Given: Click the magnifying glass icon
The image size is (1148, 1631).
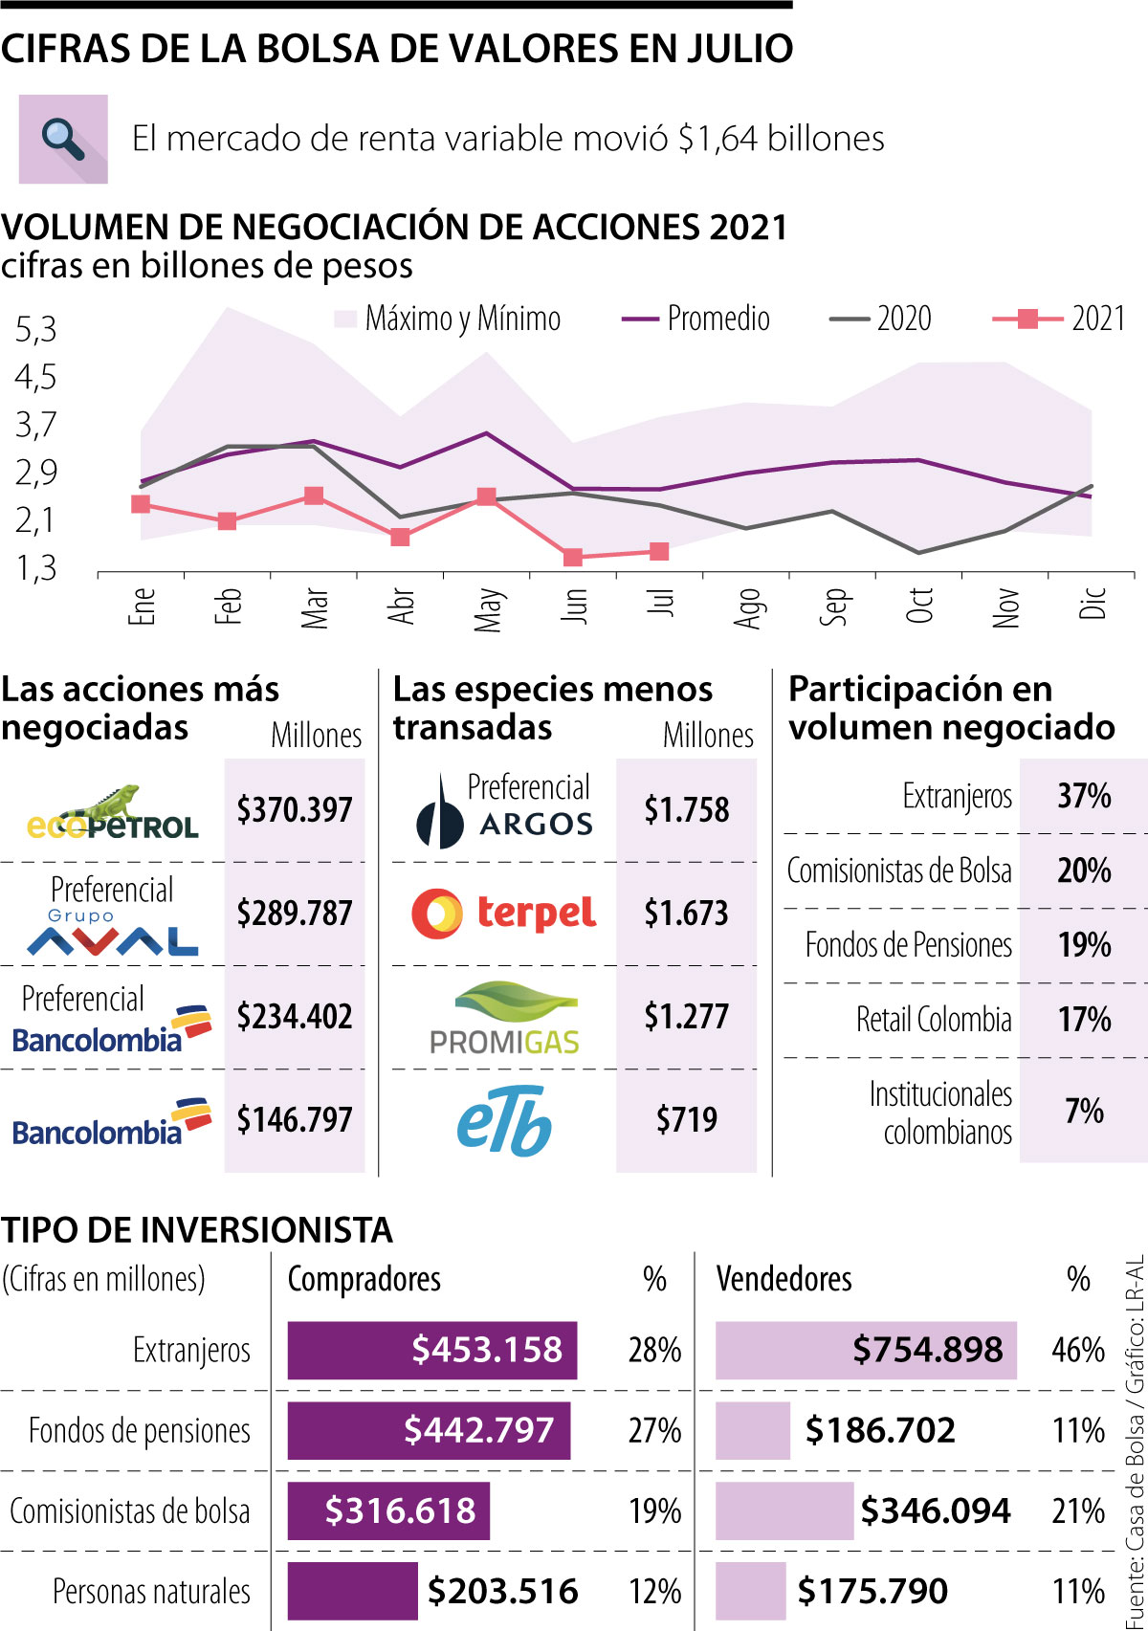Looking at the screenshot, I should pyautogui.click(x=63, y=139).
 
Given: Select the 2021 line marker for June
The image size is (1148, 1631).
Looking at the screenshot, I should pyautogui.click(x=573, y=557).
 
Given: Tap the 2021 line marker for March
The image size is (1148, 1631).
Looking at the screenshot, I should pyautogui.click(x=314, y=496).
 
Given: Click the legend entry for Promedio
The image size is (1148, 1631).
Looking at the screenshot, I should pyautogui.click(x=696, y=319).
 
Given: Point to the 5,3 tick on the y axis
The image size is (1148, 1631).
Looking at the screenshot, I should pyautogui.click(x=36, y=330).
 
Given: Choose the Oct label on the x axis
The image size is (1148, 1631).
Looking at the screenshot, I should pyautogui.click(x=919, y=606).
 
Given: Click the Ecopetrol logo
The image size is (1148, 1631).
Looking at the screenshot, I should pyautogui.click(x=113, y=813).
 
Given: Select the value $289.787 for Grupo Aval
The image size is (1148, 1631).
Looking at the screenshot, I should pyautogui.click(x=295, y=914).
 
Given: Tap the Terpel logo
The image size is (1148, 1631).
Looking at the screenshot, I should pyautogui.click(x=504, y=914).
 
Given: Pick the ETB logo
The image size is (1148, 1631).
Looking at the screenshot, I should pyautogui.click(x=504, y=1120).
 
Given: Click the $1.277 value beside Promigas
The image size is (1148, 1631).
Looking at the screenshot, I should pyautogui.click(x=686, y=1017).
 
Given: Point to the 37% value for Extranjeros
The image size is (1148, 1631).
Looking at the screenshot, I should pyautogui.click(x=1084, y=796).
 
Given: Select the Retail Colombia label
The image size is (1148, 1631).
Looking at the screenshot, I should pyautogui.click(x=934, y=1020).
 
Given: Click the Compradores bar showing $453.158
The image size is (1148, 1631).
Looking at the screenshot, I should pyautogui.click(x=432, y=1350).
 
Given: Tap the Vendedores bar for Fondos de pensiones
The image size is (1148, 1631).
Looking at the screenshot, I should pyautogui.click(x=753, y=1430).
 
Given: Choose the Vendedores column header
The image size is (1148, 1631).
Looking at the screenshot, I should pyautogui.click(x=784, y=1279).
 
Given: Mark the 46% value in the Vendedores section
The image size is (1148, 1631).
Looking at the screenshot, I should pyautogui.click(x=1078, y=1350).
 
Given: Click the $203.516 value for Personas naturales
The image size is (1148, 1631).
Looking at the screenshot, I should pyautogui.click(x=502, y=1591).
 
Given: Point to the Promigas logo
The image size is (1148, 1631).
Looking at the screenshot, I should pyautogui.click(x=504, y=1019).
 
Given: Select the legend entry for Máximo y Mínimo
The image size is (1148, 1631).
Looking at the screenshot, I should pyautogui.click(x=447, y=319).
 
